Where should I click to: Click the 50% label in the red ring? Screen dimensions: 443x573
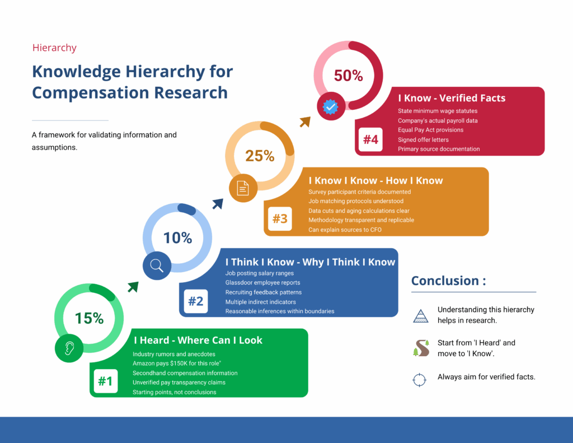[x=349, y=76]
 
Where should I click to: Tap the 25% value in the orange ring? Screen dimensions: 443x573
[x=260, y=156]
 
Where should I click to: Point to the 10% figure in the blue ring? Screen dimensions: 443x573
[x=177, y=237]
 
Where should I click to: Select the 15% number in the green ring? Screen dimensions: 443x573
[x=90, y=318]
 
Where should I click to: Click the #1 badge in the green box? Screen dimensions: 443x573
[x=105, y=381]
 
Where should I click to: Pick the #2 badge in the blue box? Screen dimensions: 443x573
[x=195, y=301]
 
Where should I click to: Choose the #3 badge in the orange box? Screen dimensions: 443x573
[x=280, y=219]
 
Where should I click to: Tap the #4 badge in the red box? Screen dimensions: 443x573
[x=370, y=139]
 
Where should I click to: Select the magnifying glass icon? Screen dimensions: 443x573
[x=157, y=266]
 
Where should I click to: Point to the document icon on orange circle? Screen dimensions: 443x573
[x=243, y=188]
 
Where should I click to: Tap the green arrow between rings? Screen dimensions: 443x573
[x=133, y=287]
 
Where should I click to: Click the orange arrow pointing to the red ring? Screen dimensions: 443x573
[x=305, y=122]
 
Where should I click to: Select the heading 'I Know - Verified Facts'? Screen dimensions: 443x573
[x=452, y=98]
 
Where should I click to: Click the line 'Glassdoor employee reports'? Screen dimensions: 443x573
[x=262, y=283]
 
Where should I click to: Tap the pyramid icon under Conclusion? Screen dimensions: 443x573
[x=420, y=316]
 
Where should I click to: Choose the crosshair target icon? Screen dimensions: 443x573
[x=419, y=380]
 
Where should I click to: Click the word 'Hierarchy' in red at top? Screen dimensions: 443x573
[x=54, y=48]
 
